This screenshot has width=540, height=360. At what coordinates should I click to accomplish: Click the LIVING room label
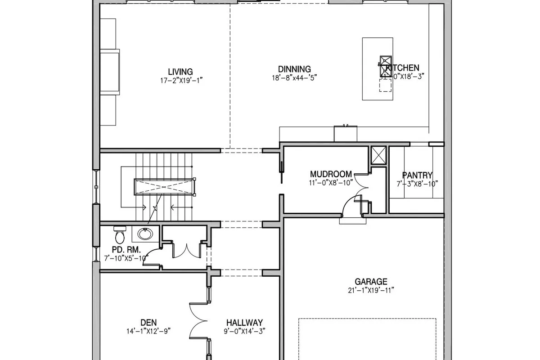coord(180,72)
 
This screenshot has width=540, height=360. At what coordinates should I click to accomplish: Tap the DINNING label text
coord(294,69)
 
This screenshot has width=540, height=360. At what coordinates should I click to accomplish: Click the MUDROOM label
coord(331,174)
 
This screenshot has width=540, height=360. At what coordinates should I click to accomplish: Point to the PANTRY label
coord(417,175)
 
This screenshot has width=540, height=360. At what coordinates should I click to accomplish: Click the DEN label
coord(148,322)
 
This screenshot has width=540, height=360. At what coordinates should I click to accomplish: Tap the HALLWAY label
coord(244,323)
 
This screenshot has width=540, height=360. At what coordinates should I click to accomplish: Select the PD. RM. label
coord(126,249)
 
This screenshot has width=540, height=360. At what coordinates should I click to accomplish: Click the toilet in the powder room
coord(120,234)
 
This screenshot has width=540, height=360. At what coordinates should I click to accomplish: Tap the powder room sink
coord(144,234)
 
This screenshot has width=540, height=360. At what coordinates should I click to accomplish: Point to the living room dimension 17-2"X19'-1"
coord(180,80)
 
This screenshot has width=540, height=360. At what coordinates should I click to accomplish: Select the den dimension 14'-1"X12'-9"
coord(148,331)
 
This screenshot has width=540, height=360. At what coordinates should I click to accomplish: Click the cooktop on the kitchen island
coord(386,66)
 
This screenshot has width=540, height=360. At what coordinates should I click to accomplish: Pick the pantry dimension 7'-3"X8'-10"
coord(417,184)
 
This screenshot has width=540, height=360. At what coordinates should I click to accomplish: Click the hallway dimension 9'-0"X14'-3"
coord(244,331)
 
